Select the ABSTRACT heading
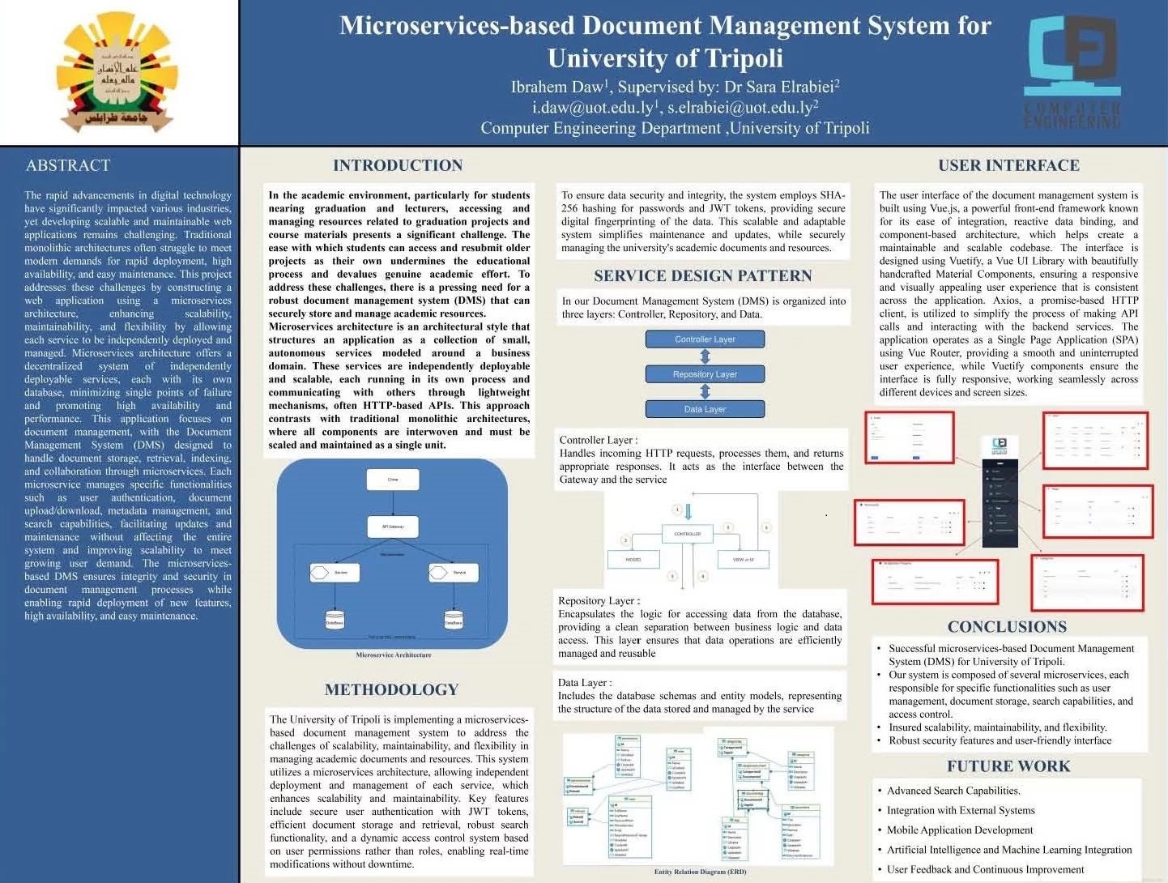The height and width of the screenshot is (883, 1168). point(68,165)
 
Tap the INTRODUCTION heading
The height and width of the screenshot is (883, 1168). point(398,165)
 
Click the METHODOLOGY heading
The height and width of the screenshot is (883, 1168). point(391,689)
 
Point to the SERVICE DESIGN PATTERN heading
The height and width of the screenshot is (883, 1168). point(702,275)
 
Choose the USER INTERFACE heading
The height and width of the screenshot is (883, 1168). point(1008,165)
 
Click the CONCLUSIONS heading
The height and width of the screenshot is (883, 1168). point(1007,626)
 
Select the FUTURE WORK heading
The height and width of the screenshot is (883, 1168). point(1008,766)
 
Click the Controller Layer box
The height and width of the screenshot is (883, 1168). point(705,339)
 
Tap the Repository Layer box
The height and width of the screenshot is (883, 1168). point(705,374)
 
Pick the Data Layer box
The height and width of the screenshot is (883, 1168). point(705,409)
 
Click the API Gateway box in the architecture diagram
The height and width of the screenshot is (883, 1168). point(393,527)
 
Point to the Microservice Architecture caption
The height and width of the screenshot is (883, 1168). point(394,655)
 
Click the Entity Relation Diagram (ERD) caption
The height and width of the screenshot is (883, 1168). point(700,872)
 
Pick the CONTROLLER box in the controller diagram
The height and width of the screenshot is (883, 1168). point(687,534)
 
